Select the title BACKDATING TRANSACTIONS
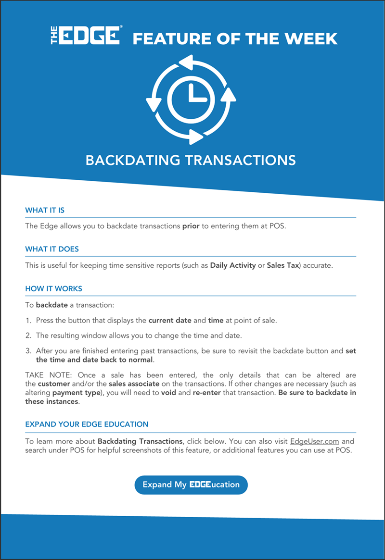tap(191, 160)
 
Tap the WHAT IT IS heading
tap(45, 210)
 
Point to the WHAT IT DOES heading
tap(52, 249)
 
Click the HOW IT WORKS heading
tap(53, 288)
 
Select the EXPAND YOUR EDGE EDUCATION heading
tap(87, 424)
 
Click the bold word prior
tap(191, 225)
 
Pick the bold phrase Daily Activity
tap(233, 265)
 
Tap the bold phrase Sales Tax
tap(282, 265)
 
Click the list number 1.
tap(28, 320)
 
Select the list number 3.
tap(28, 351)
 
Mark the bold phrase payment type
tap(72, 393)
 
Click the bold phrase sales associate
tap(134, 384)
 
